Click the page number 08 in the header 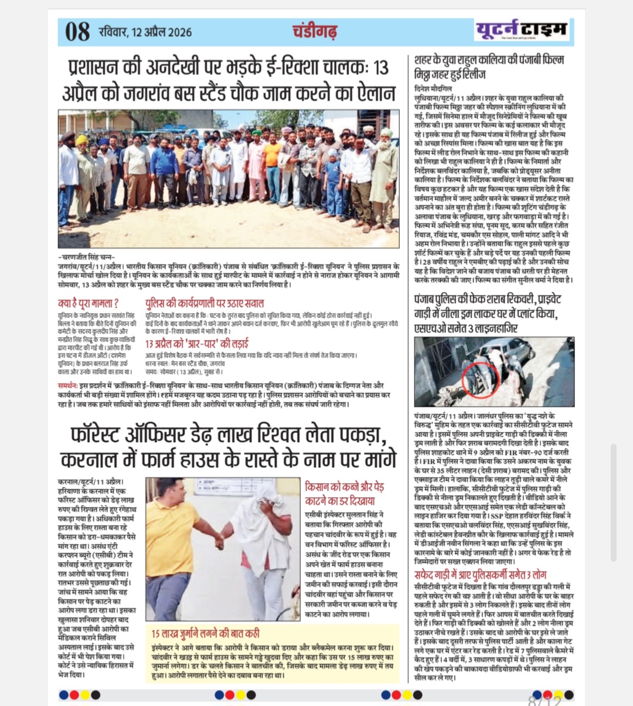[x=77, y=31]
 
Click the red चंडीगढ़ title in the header [x=315, y=30]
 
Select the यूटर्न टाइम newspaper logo [x=521, y=29]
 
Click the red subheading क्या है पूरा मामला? [x=89, y=303]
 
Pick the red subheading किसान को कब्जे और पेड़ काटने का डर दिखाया [x=345, y=494]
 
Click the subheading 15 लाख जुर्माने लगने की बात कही [x=206, y=633]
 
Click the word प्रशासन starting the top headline [x=97, y=67]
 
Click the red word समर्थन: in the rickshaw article [x=69, y=386]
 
